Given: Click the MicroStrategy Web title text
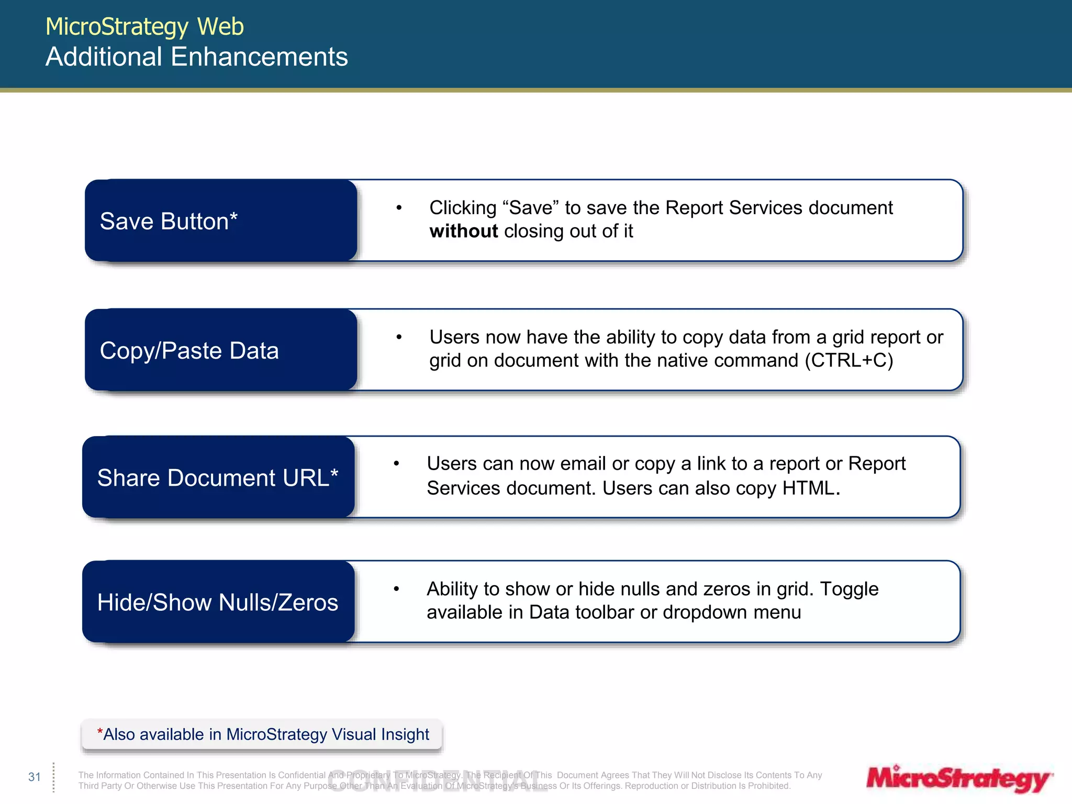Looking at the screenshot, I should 144,27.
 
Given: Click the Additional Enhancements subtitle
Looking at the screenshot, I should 196,57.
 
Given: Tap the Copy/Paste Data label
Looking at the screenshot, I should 189,350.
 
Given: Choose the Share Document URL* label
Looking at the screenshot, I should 217,477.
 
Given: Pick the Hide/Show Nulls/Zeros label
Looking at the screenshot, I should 217,602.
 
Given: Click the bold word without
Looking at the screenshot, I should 463,231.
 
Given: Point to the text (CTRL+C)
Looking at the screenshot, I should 848,360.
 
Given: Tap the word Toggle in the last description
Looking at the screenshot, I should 848,589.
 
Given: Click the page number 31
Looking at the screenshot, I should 35,777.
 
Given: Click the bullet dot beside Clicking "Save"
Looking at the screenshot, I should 399,208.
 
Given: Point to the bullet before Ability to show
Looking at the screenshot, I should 396,589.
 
